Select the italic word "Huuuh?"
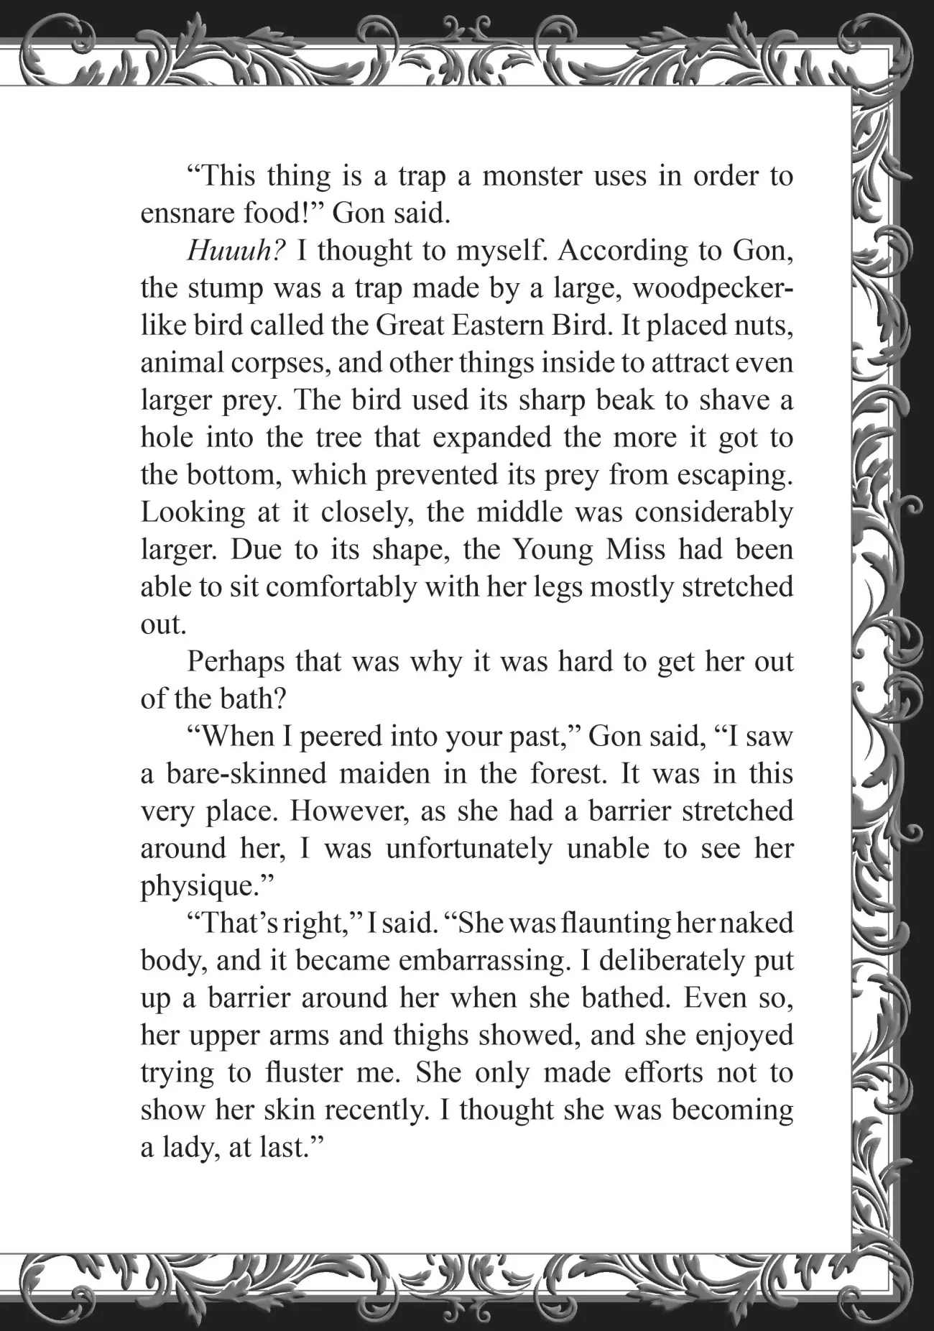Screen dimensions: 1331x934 [x=236, y=251]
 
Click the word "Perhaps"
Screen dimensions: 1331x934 [x=236, y=662]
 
